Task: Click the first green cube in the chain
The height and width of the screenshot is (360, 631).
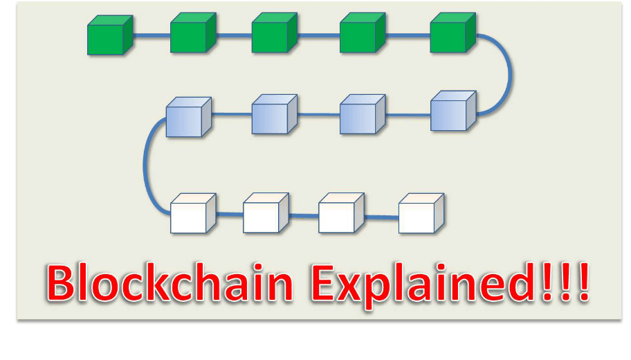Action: pyautogui.click(x=110, y=35)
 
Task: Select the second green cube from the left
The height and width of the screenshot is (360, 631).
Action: pyautogui.click(x=193, y=33)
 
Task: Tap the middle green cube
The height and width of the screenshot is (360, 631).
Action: pyautogui.click(x=275, y=33)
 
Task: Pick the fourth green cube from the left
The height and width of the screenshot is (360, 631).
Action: pyautogui.click(x=363, y=33)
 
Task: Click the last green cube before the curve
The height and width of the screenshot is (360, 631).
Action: pyautogui.click(x=453, y=33)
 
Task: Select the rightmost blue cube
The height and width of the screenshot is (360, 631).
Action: pyautogui.click(x=454, y=111)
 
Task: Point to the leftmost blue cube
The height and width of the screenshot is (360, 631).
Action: pyautogui.click(x=189, y=117)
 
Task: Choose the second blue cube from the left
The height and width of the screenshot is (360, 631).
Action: pyautogui.click(x=275, y=114)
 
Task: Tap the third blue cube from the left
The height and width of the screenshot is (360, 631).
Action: pyautogui.click(x=363, y=114)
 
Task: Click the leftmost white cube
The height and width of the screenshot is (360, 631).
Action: pyautogui.click(x=193, y=213)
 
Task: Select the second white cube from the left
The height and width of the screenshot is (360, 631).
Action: pyautogui.click(x=266, y=213)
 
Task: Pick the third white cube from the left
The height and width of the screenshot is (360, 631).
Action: pyautogui.click(x=342, y=213)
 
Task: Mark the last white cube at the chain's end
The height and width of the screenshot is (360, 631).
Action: pyautogui.click(x=421, y=213)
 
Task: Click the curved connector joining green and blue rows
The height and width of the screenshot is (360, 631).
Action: pyautogui.click(x=511, y=75)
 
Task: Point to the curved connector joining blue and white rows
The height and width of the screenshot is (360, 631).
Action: pyautogui.click(x=145, y=165)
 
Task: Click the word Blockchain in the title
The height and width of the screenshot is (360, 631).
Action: pyautogui.click(x=170, y=282)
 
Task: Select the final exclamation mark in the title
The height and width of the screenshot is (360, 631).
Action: pyautogui.click(x=584, y=282)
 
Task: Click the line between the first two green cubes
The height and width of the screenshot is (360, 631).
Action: pyautogui.click(x=152, y=35)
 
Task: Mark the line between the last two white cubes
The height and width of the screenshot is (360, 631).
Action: pyautogui.click(x=381, y=217)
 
